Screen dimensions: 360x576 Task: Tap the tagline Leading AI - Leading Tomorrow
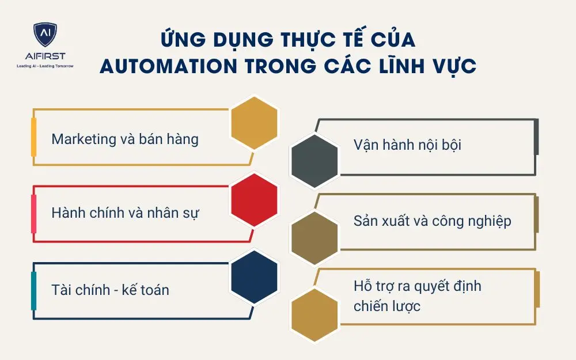tap(45, 66)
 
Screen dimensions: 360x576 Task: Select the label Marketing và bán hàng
tap(125, 139)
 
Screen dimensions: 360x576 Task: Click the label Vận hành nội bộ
tap(407, 145)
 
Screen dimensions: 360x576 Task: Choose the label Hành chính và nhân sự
tap(125, 213)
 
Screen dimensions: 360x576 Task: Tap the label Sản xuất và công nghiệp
tap(432, 221)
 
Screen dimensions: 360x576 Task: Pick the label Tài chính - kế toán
tap(110, 289)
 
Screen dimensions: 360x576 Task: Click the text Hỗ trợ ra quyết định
tap(417, 286)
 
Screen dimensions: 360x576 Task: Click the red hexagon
tap(254, 199)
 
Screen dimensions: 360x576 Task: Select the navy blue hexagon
tap(254, 276)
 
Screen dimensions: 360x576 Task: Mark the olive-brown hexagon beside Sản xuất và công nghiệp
tap(314, 236)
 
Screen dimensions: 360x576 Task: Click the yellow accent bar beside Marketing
tap(33, 137)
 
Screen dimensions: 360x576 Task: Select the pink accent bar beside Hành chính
tap(33, 213)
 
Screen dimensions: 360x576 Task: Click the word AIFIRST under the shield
tap(45, 56)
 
